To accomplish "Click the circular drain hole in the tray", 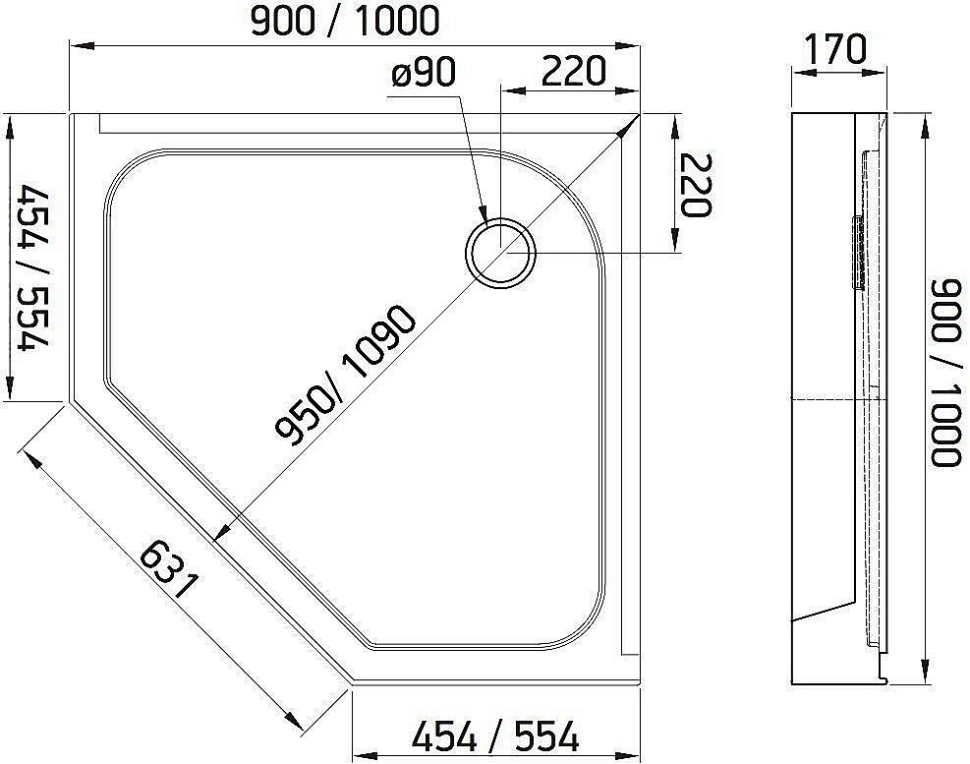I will pyautogui.click(x=501, y=252).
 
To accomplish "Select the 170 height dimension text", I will pyautogui.click(x=835, y=49).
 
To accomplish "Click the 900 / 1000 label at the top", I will pyautogui.click(x=344, y=20).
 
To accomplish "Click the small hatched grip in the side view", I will pyautogui.click(x=857, y=252).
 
